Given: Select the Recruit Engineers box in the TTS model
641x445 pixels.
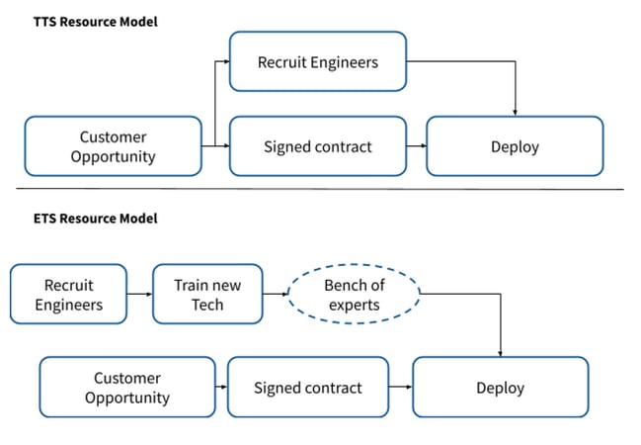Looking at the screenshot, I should coord(317,61).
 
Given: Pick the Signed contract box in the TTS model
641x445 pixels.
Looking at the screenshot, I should coord(317,146).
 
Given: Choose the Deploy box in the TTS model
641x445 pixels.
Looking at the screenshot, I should coord(515,146).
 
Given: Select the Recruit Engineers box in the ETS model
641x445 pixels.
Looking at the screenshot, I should coord(68,294).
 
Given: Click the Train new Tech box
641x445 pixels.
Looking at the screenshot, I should coord(207,294).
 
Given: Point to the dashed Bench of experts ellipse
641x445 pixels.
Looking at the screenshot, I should coord(354,294).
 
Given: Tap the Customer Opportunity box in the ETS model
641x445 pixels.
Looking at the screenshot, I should coord(126,387).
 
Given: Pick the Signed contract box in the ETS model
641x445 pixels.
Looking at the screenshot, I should coord(309,387).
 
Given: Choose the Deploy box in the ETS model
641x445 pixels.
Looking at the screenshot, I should coord(500,387).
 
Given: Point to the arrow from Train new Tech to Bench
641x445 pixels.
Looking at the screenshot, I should coord(276,294).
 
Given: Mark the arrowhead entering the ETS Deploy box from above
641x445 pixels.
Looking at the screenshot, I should coord(501,353).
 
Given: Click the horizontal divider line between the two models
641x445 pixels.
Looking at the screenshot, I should coord(320,188).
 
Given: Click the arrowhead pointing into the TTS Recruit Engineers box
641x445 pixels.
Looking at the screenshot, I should coord(225,61).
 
